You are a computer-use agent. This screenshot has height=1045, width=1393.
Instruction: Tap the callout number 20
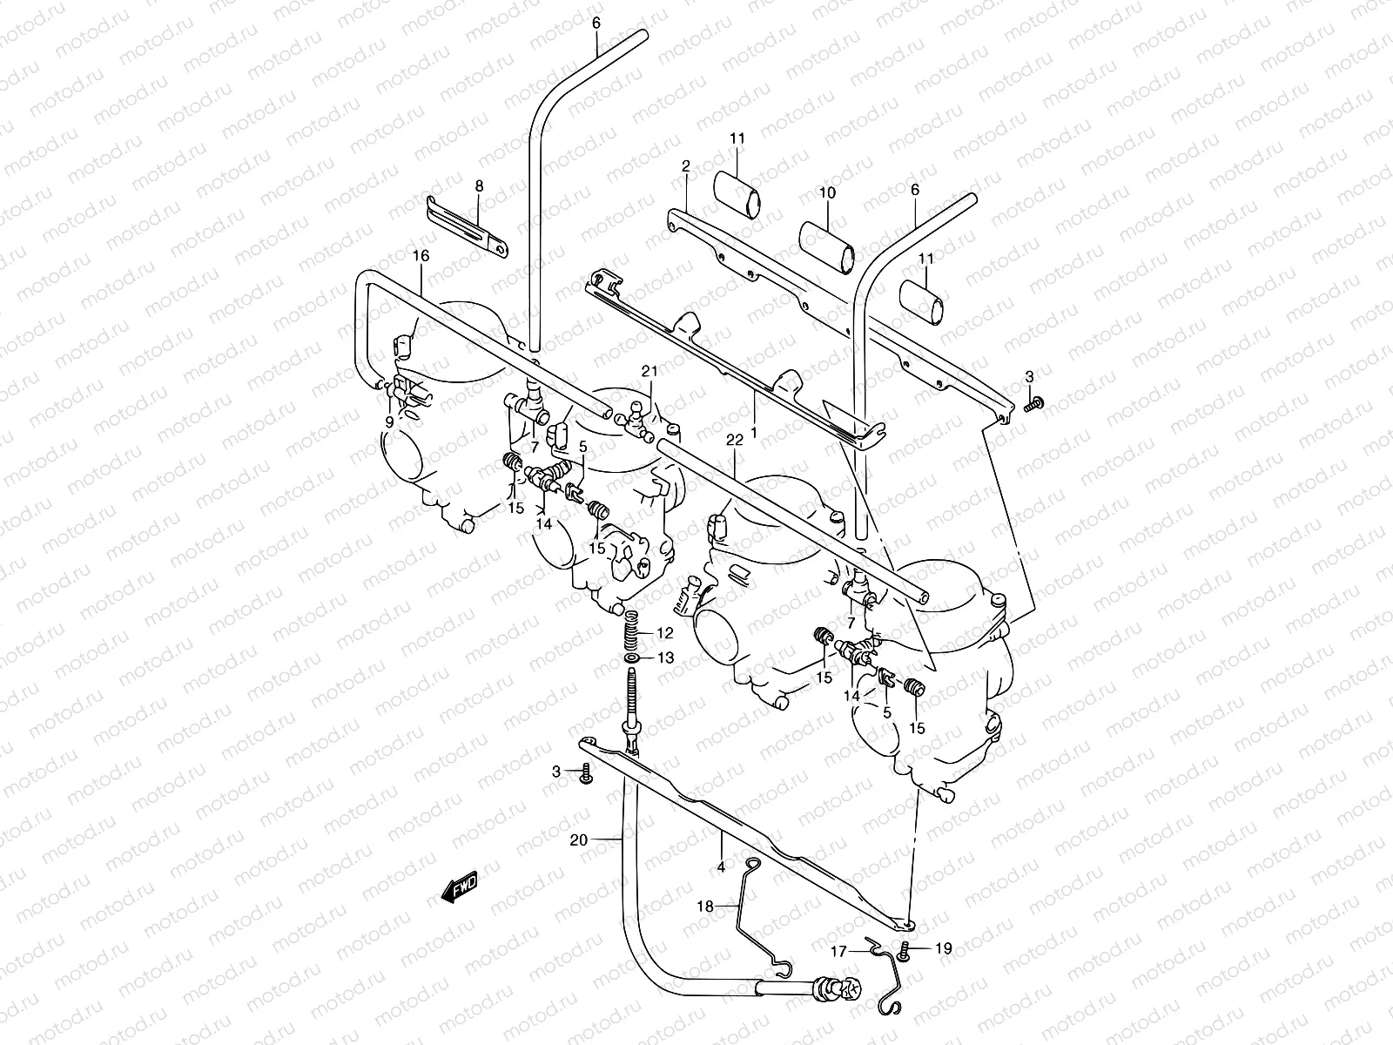(x=578, y=840)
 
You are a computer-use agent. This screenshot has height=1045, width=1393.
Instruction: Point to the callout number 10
(x=827, y=192)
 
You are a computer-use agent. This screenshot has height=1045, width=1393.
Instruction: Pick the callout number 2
(x=685, y=165)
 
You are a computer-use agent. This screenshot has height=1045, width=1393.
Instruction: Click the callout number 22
(x=736, y=441)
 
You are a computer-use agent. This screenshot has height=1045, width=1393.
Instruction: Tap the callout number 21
(x=648, y=372)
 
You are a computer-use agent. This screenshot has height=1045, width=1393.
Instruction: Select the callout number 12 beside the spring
(x=665, y=632)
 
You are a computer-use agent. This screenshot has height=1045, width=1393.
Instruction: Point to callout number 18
(x=705, y=907)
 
